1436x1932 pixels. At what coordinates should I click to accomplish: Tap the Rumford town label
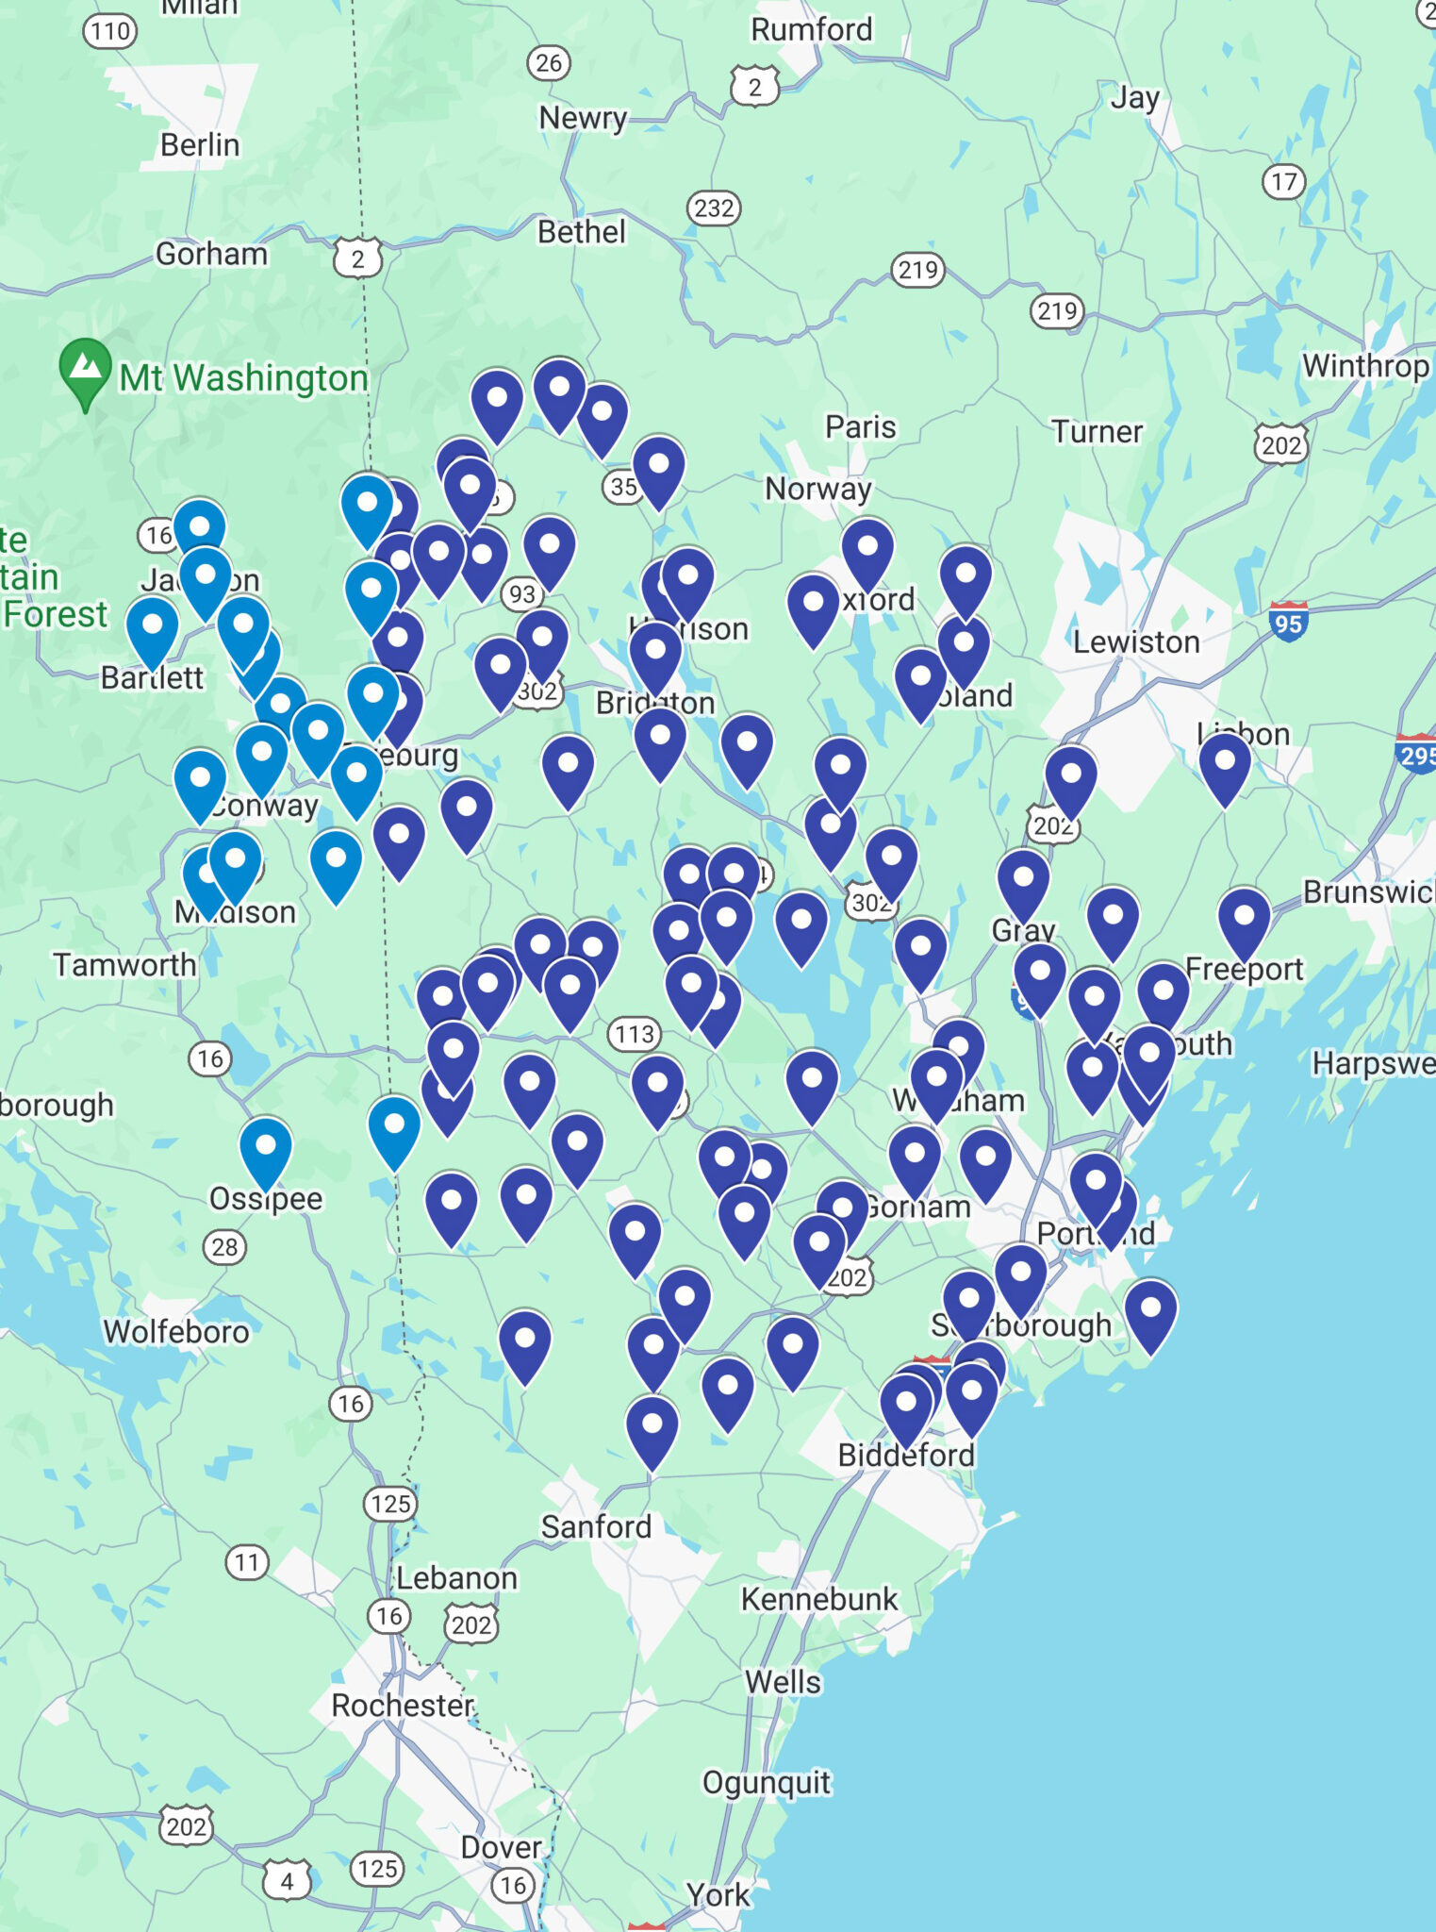tap(811, 30)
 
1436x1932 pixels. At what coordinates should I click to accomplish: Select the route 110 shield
tap(110, 32)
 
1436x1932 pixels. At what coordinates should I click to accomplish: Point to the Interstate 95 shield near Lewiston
tap(1288, 622)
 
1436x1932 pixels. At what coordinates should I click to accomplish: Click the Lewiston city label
tap(1136, 642)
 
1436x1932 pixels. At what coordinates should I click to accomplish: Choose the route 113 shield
tap(634, 1034)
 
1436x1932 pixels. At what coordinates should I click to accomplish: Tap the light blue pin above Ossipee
tap(266, 1150)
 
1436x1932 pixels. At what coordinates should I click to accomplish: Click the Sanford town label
tap(596, 1526)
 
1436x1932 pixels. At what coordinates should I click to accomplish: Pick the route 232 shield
tap(713, 208)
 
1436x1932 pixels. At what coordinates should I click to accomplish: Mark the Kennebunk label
tap(819, 1599)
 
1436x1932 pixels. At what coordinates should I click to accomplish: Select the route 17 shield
tap(1283, 181)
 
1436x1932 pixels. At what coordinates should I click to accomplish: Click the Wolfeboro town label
tap(176, 1331)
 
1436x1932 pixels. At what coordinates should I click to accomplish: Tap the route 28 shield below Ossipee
tap(224, 1247)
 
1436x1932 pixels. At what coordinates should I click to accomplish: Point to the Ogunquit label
tap(767, 1782)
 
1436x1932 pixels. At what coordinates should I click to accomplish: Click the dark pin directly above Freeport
tap(1244, 920)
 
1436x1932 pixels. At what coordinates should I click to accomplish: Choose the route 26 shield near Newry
tap(548, 63)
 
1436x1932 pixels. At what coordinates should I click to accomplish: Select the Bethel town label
tap(581, 232)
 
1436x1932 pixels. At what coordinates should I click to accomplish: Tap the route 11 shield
tap(246, 1562)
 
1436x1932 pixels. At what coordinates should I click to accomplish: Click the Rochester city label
tap(403, 1706)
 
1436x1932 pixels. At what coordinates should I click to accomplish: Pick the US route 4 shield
tap(287, 1881)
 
